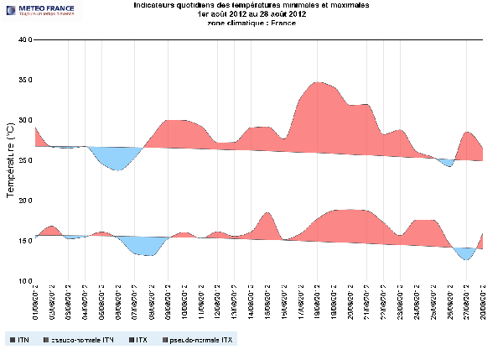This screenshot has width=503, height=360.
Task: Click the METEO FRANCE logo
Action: coord(40,10)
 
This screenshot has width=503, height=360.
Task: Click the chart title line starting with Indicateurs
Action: coord(251,5)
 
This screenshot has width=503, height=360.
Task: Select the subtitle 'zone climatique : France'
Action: coord(251,23)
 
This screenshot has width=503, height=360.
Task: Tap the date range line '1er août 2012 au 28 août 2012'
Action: coord(251,14)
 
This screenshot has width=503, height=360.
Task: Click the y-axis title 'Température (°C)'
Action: coord(10,159)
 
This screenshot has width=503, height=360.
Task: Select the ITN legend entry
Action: coord(18,340)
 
